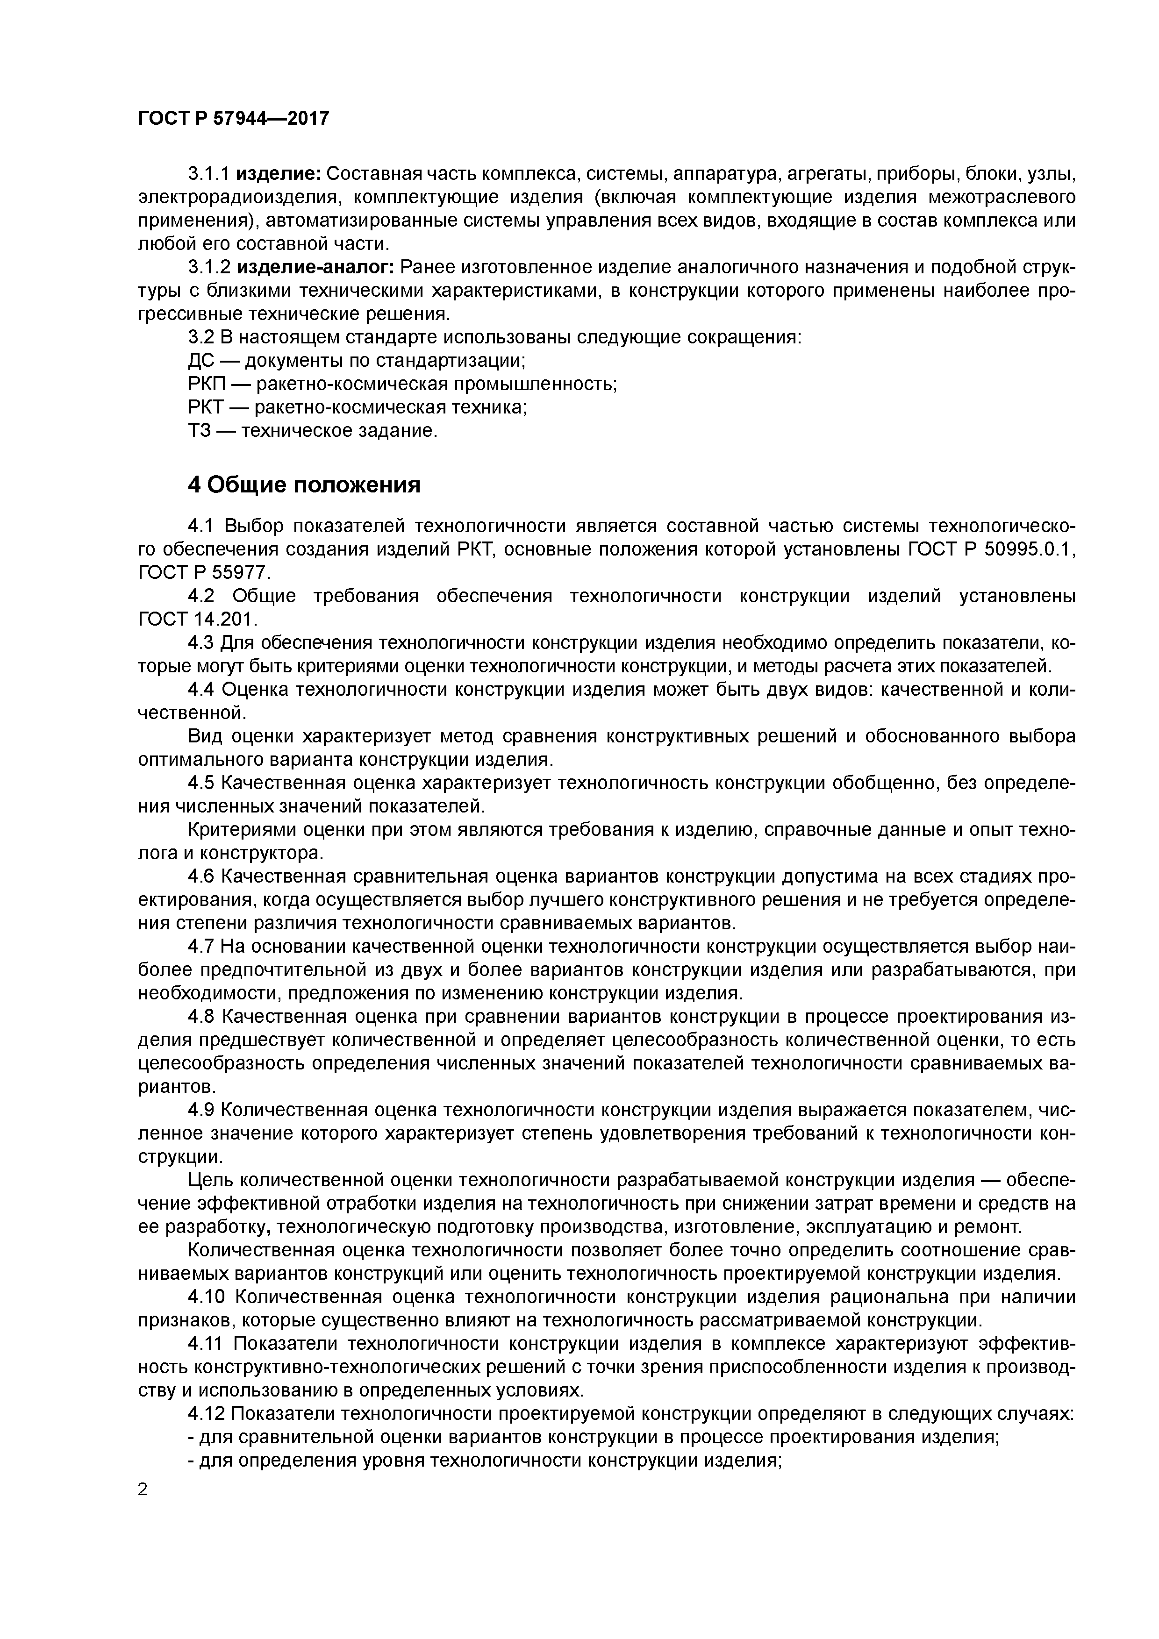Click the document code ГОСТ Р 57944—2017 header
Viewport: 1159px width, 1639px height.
[x=234, y=119]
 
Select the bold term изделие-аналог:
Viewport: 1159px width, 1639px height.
[x=315, y=268]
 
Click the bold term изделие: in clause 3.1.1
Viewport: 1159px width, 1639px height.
[x=279, y=174]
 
